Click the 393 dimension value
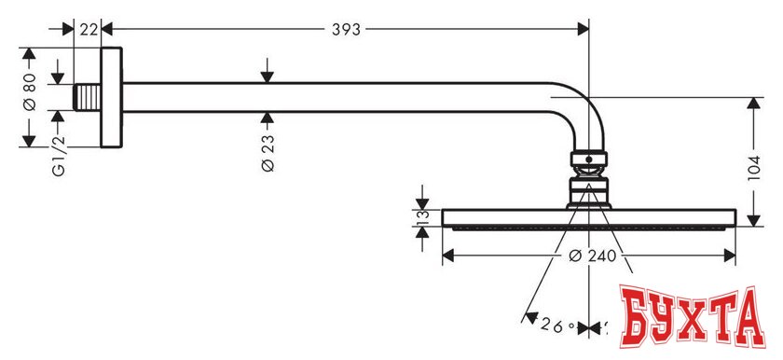(x=346, y=29)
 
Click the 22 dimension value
(x=89, y=29)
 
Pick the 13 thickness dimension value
(x=421, y=218)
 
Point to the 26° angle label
(x=556, y=326)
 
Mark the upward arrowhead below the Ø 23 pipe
(x=268, y=117)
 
